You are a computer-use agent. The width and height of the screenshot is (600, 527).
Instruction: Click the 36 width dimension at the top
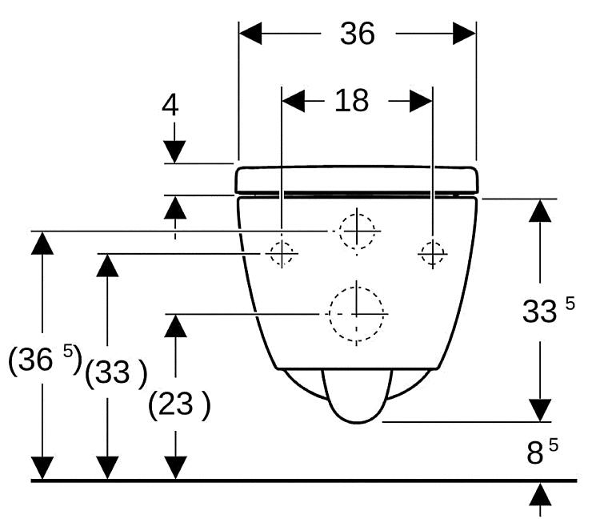tap(358, 34)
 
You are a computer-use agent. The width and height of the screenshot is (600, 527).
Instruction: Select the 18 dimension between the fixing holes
tap(352, 101)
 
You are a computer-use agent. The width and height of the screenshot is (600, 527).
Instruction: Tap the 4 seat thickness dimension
tap(170, 105)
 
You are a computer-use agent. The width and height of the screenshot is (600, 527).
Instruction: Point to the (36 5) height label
tap(45, 360)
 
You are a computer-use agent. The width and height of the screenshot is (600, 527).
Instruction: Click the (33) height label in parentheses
tap(116, 372)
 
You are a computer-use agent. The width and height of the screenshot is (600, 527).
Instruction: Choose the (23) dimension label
tap(179, 404)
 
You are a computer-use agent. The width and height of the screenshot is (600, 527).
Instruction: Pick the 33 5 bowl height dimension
tap(548, 310)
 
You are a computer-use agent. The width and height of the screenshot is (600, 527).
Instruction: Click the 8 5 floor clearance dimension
tap(542, 452)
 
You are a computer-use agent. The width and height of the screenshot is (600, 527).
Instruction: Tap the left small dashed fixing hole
tap(282, 254)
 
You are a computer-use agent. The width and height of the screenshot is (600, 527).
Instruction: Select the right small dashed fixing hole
tap(433, 254)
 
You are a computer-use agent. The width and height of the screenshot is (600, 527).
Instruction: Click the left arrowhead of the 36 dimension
tap(250, 34)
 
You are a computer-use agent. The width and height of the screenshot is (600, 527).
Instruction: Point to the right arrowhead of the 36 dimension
tap(465, 34)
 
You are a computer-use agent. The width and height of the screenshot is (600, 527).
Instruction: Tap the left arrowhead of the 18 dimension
tap(294, 101)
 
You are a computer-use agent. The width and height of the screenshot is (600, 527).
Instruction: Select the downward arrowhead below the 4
tap(174, 152)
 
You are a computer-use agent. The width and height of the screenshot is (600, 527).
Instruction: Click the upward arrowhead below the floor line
tap(540, 494)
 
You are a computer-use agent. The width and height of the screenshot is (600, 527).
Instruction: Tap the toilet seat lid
tap(356, 179)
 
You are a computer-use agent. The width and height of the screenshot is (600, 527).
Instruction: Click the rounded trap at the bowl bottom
tap(358, 396)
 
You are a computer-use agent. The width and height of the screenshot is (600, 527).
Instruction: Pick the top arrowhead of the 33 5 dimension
tap(540, 211)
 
